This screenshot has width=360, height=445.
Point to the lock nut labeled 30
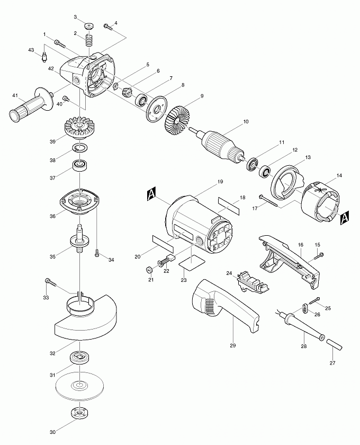[x=77, y=413]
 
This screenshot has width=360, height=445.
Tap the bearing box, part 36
[x=79, y=201]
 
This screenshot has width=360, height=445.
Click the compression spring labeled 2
[x=89, y=39]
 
